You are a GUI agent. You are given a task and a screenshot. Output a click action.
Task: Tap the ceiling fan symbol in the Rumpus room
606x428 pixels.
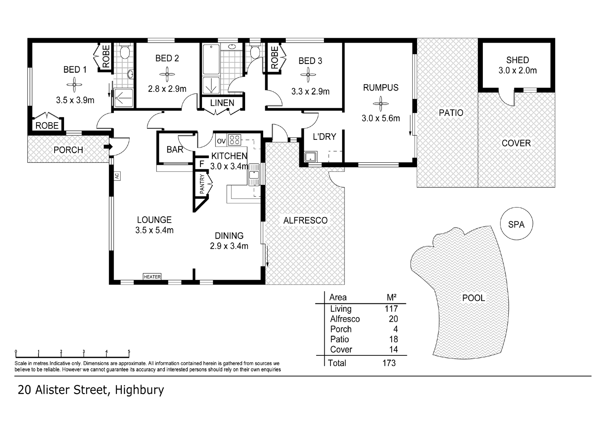click(381, 103)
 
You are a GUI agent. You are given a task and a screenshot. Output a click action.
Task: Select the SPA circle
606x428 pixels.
click(516, 224)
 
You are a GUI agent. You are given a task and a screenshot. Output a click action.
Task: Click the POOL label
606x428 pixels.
click(473, 298)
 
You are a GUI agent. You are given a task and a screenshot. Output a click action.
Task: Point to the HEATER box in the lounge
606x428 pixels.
click(152, 277)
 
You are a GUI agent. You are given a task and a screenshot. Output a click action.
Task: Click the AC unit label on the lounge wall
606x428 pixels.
click(117, 176)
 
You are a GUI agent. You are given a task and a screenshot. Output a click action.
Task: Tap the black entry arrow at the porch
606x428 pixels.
click(108, 147)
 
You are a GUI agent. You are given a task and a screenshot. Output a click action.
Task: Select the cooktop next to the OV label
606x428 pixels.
click(234, 140)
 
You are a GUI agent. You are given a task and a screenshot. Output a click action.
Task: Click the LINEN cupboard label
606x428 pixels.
click(222, 103)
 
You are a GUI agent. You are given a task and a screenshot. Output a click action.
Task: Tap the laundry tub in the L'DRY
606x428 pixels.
click(310, 156)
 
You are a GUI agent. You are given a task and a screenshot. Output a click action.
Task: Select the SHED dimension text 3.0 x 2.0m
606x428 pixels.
click(517, 71)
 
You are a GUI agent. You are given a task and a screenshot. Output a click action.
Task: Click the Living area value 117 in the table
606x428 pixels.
click(391, 309)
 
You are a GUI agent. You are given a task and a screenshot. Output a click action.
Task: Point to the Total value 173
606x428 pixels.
click(388, 363)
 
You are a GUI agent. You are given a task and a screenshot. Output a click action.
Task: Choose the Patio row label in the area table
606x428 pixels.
click(340, 339)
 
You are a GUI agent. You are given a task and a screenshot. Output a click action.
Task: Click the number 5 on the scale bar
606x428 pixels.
click(129, 351)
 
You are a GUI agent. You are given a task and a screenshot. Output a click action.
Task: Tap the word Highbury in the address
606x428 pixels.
click(139, 390)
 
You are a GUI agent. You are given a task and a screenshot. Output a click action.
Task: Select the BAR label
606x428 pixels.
click(175, 150)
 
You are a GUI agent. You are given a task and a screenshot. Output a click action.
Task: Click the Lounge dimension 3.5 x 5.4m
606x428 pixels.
click(154, 230)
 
